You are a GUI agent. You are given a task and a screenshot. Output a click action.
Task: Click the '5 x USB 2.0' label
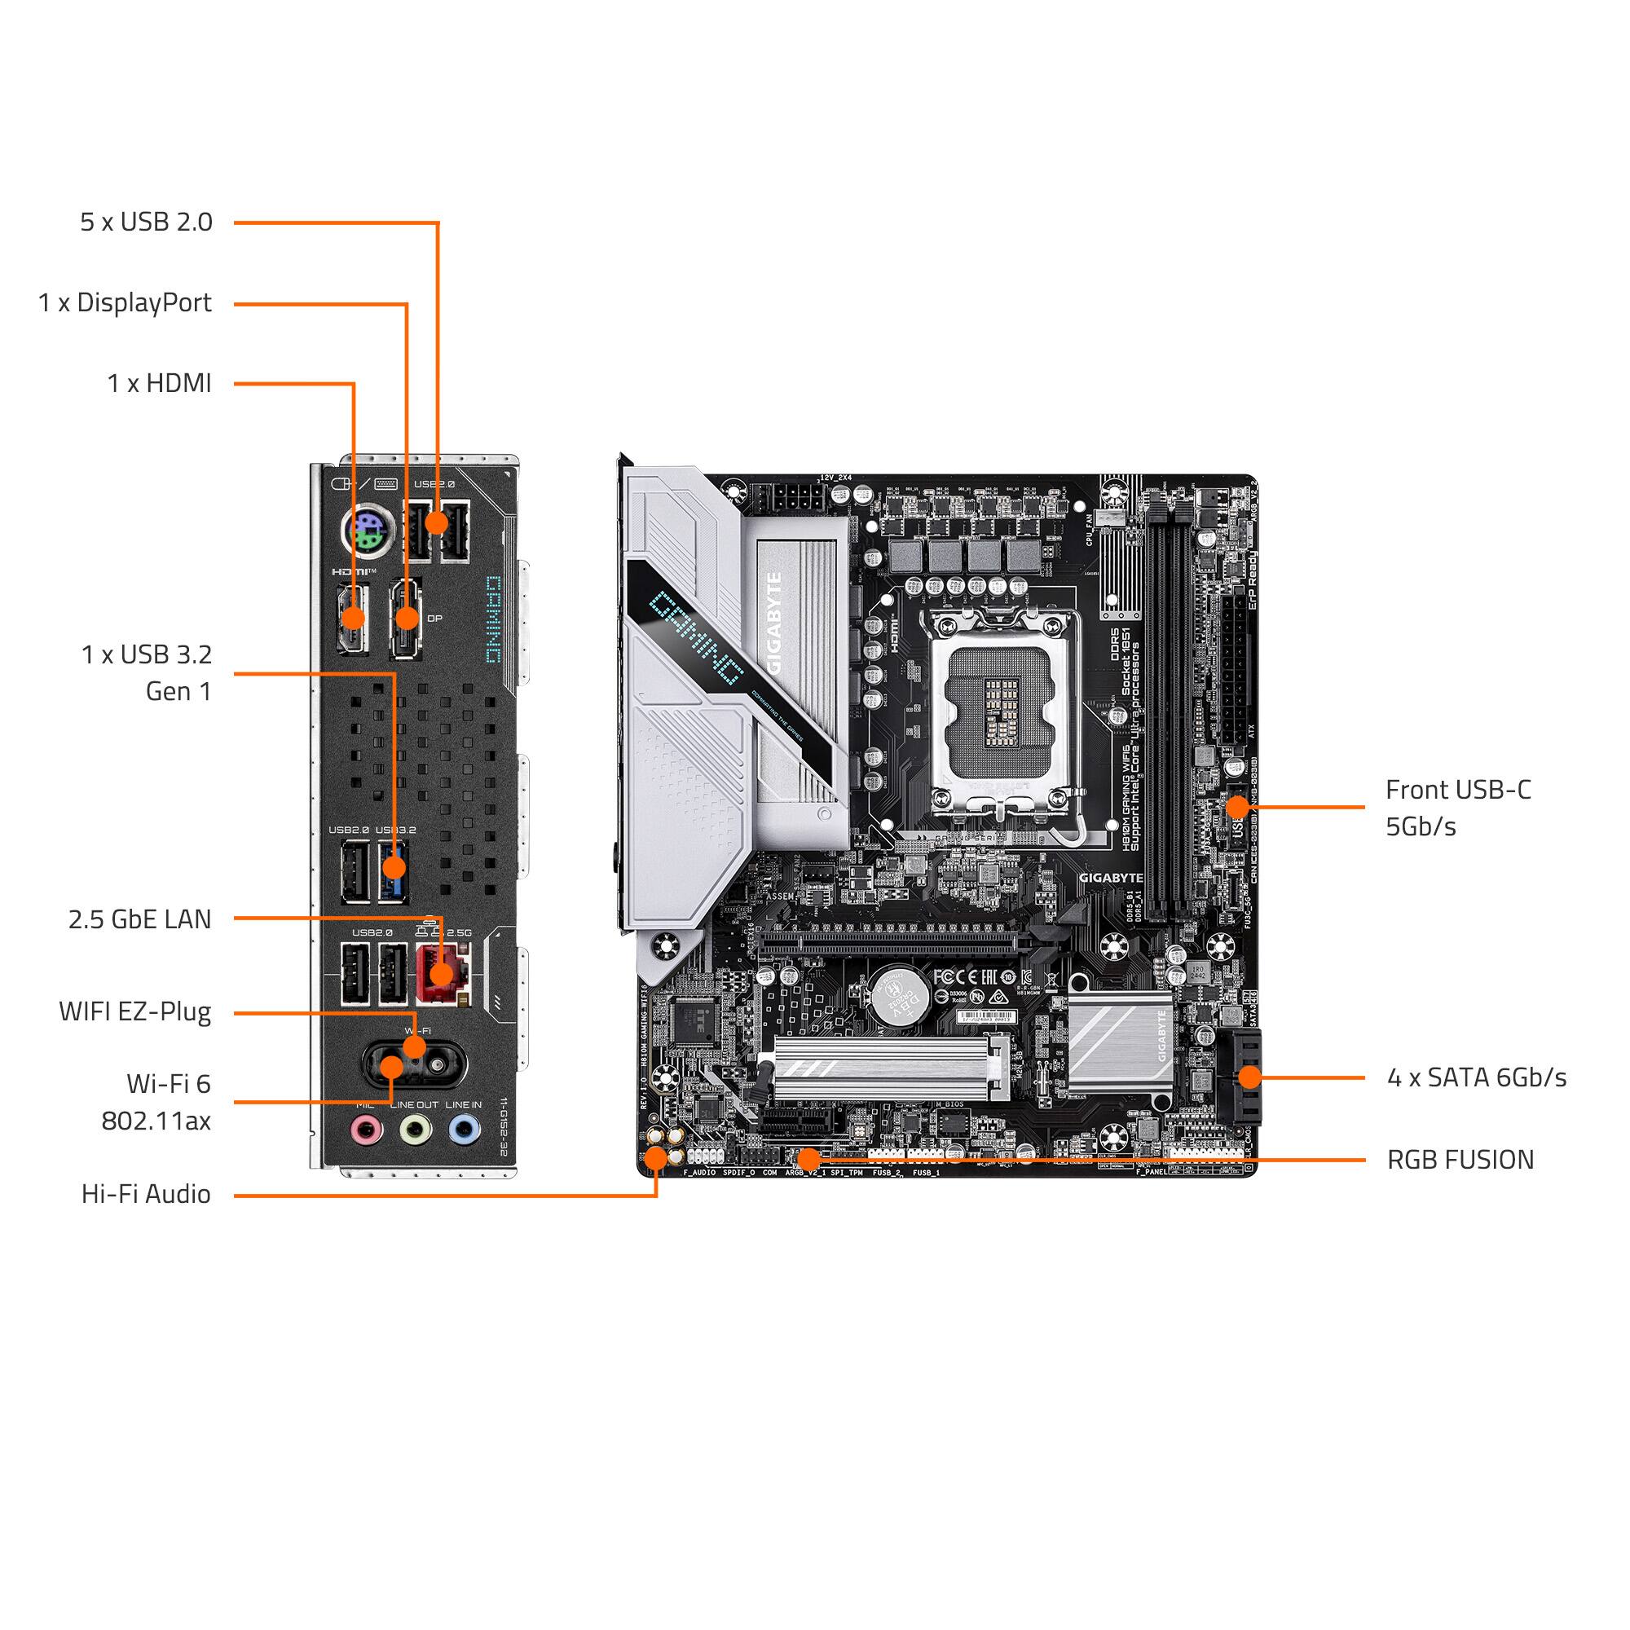coord(146,222)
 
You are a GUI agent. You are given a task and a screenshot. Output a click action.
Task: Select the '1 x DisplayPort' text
coord(125,303)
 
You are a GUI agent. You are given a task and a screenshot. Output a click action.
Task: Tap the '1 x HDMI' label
coord(159,383)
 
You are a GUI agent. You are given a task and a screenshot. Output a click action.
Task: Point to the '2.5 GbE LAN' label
coord(139,919)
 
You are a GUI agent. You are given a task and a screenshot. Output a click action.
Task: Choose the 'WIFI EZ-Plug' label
coord(135,1011)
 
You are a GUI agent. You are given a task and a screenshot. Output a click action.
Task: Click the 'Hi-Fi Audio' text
coord(146,1194)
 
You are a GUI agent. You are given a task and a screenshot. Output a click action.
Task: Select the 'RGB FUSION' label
coord(1460,1160)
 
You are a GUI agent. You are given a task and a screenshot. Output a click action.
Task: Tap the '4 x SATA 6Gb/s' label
coord(1477,1077)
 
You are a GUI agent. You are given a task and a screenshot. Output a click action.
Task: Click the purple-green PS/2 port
coord(364,532)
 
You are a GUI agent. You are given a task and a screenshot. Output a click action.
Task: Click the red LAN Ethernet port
coord(442,974)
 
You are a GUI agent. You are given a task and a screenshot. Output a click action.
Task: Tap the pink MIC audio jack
coord(366,1128)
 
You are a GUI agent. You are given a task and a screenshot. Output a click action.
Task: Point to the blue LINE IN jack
coord(464,1128)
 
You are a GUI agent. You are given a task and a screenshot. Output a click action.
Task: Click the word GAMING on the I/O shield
coord(494,621)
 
